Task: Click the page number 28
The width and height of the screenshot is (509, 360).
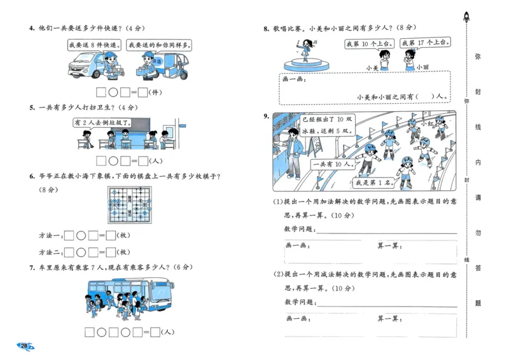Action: [24, 346]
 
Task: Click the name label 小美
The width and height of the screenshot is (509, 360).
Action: [372, 67]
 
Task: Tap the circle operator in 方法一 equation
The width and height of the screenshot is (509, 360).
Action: [81, 235]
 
